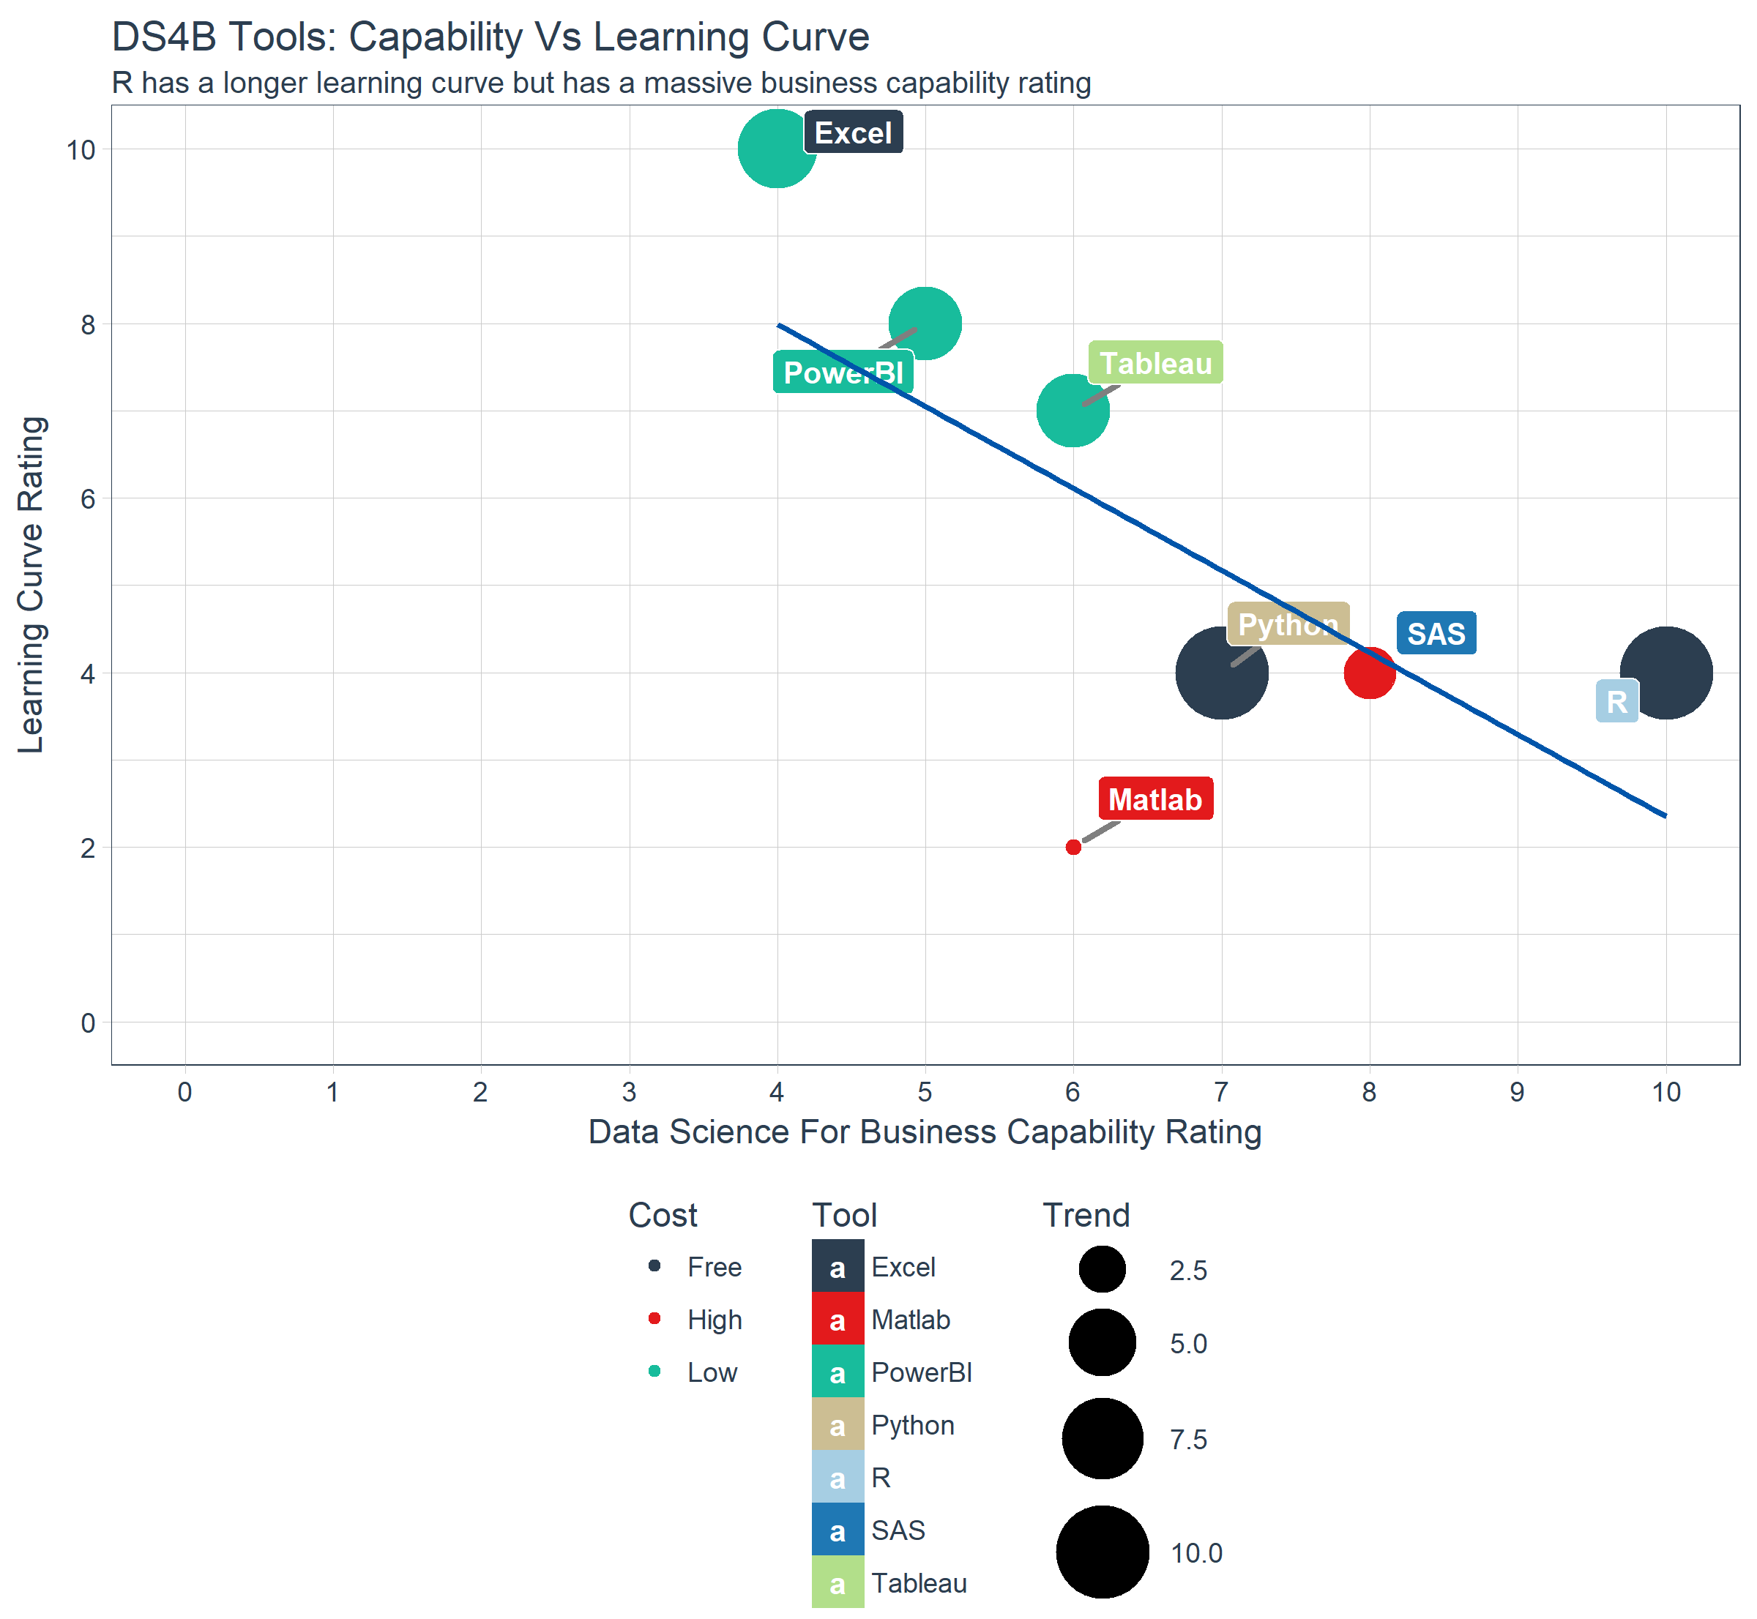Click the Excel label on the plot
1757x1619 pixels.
pyautogui.click(x=853, y=133)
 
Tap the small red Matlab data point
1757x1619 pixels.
pyautogui.click(x=1073, y=847)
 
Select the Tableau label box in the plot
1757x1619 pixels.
pyautogui.click(x=1155, y=363)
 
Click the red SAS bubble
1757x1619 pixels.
pyautogui.click(x=1369, y=673)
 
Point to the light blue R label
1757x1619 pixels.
pyautogui.click(x=1616, y=702)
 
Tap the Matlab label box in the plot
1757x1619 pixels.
pyautogui.click(x=1155, y=799)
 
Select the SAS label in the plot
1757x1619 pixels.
pyautogui.click(x=1436, y=633)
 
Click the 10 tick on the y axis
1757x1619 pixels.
pyautogui.click(x=81, y=150)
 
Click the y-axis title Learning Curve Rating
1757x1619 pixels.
pyautogui.click(x=31, y=584)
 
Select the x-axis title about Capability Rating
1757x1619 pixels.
pyautogui.click(x=925, y=1132)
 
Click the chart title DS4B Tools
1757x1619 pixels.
pyautogui.click(x=490, y=37)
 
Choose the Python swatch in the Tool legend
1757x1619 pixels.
pyautogui.click(x=838, y=1425)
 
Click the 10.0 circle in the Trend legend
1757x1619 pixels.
pyautogui.click(x=1103, y=1552)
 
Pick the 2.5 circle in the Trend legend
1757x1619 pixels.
pyautogui.click(x=1103, y=1269)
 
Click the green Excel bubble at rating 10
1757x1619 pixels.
pyautogui.click(x=777, y=149)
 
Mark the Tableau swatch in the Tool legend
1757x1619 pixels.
pyautogui.click(x=838, y=1584)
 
